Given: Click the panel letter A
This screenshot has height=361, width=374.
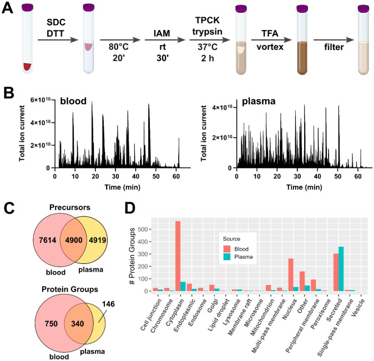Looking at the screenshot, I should coord(7,9).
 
